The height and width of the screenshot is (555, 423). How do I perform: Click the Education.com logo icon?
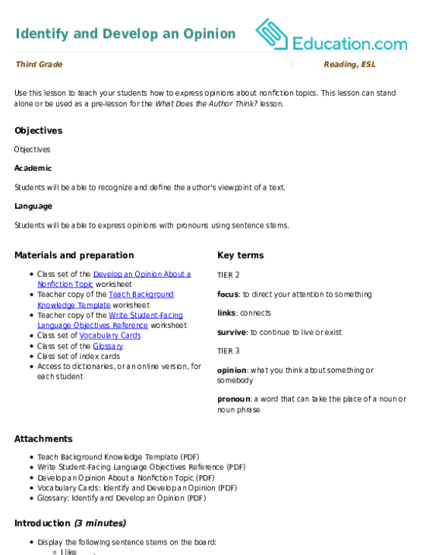point(272,34)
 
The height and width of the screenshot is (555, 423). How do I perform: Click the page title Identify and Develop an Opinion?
point(125,34)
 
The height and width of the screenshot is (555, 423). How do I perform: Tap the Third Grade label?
point(39,64)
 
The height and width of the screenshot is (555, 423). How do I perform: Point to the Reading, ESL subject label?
point(349,65)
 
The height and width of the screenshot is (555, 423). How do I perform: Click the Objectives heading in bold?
point(39,131)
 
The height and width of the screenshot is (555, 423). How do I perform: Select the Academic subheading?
point(33,168)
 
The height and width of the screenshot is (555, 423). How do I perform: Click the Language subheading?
point(33,207)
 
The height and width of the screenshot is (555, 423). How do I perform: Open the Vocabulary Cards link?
point(110,336)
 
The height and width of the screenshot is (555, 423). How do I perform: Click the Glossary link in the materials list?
point(108,346)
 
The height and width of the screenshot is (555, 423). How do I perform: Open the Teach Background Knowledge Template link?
point(106,299)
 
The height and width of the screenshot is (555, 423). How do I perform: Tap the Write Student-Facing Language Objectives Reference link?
point(110,320)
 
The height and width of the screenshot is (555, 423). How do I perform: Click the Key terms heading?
point(241,255)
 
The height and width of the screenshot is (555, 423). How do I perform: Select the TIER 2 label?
point(229,275)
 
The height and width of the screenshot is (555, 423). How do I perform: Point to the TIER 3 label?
point(229,351)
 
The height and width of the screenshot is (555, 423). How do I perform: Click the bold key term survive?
point(232,333)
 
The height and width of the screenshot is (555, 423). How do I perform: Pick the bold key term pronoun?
point(234,399)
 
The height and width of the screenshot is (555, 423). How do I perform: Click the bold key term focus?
point(228,295)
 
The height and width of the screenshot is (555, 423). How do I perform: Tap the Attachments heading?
point(43,439)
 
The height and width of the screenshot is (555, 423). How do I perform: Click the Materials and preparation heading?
point(74,255)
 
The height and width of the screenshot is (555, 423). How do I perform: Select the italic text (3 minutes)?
point(100,523)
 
